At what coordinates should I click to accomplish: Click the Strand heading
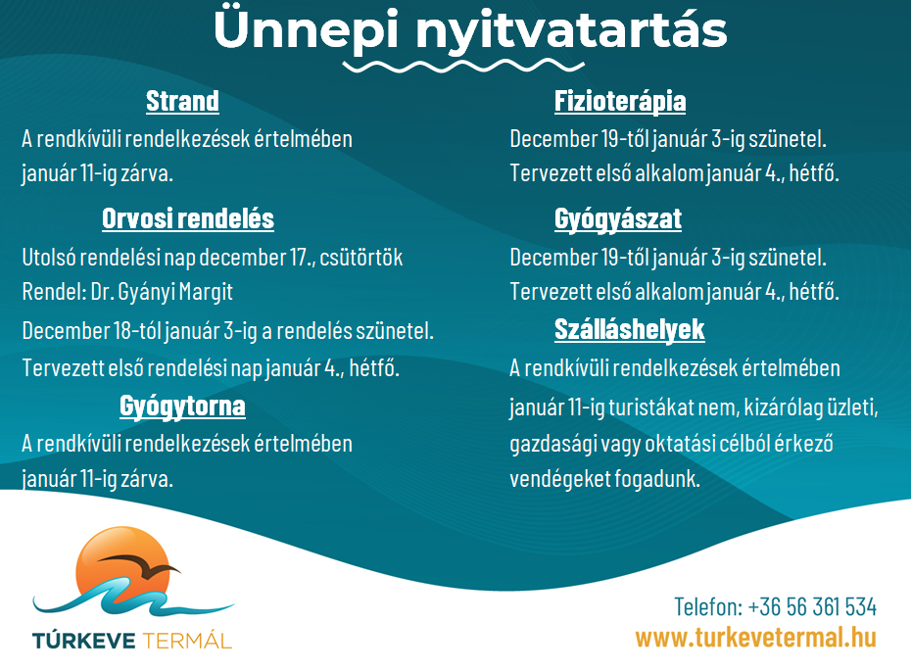[x=182, y=101]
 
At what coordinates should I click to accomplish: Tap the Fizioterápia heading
[x=620, y=102]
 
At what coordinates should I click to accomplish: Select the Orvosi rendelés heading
[x=188, y=218]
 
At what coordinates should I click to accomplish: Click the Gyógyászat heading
[x=618, y=219]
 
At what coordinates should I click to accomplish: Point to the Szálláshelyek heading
[x=629, y=330]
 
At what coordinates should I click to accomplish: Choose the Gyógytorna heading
[x=182, y=407]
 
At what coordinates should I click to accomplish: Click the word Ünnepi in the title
[x=307, y=29]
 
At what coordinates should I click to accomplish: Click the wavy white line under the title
[x=463, y=67]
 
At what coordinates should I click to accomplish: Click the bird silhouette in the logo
[x=139, y=564]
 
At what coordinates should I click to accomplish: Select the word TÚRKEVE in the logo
[x=84, y=641]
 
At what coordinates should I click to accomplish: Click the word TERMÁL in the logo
[x=187, y=641]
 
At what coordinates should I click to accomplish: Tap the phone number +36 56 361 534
[x=812, y=607]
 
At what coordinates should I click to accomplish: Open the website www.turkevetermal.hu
[x=756, y=638]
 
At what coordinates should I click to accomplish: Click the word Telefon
[x=708, y=607]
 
